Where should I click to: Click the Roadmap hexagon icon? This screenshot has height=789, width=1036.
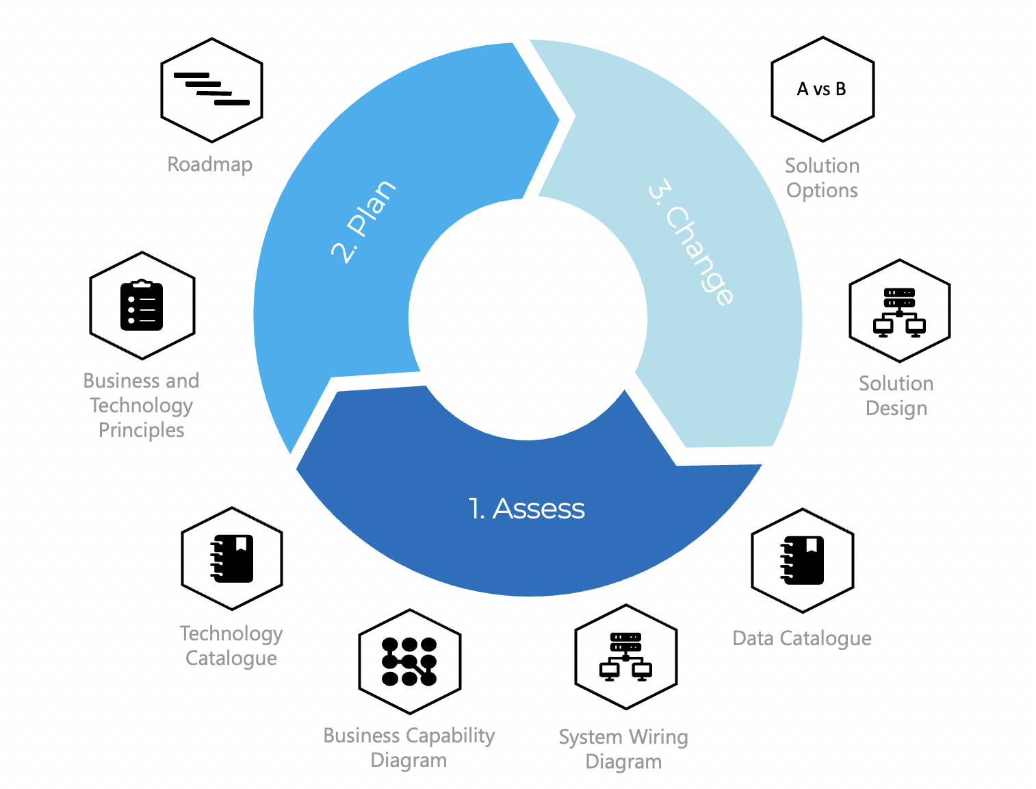pyautogui.click(x=211, y=90)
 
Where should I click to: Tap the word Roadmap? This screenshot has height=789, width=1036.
pyautogui.click(x=210, y=164)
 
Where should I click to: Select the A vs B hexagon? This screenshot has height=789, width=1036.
pyautogui.click(x=822, y=90)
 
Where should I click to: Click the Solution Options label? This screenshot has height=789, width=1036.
pyautogui.click(x=822, y=178)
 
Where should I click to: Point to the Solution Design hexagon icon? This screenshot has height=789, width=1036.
pyautogui.click(x=899, y=311)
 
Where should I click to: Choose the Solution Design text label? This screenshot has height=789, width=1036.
pyautogui.click(x=896, y=396)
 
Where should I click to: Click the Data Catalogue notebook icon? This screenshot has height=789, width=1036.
pyautogui.click(x=802, y=560)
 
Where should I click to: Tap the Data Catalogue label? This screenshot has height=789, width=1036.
pyautogui.click(x=802, y=638)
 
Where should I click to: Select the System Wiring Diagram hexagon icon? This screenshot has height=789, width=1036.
pyautogui.click(x=625, y=657)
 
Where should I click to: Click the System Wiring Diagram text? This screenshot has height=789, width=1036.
pyautogui.click(x=623, y=749)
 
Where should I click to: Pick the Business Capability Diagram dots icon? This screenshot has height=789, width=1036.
pyautogui.click(x=409, y=662)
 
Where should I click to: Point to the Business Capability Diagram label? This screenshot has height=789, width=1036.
pyautogui.click(x=409, y=748)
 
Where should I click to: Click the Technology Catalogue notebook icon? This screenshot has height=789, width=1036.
pyautogui.click(x=232, y=559)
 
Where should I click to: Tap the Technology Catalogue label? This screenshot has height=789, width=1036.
pyautogui.click(x=231, y=646)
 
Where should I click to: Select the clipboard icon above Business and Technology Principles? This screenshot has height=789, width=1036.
pyautogui.click(x=142, y=305)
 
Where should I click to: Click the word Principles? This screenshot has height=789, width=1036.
pyautogui.click(x=142, y=430)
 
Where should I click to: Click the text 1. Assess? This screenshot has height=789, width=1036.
pyautogui.click(x=527, y=509)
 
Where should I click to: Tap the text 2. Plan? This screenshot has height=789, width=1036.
pyautogui.click(x=363, y=221)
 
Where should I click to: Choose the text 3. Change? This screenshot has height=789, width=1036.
pyautogui.click(x=691, y=241)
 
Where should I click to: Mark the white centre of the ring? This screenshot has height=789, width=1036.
pyautogui.click(x=528, y=318)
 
